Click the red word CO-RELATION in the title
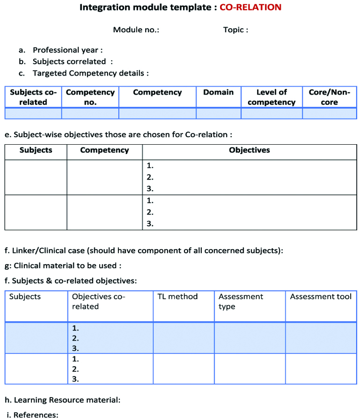[250, 7]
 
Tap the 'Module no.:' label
[136, 30]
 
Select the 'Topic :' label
[235, 30]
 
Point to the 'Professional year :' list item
[67, 50]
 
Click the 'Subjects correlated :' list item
[73, 61]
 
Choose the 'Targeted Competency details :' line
[90, 73]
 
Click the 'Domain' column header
[218, 92]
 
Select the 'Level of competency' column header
[272, 97]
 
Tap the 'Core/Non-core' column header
[329, 97]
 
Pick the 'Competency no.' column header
[90, 97]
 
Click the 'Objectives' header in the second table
[249, 150]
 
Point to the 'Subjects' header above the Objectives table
[36, 150]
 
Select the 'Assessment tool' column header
[320, 297]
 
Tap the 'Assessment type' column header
[241, 302]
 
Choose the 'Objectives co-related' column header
[98, 302]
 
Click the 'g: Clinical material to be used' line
[67, 265]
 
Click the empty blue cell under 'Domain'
[218, 113]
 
